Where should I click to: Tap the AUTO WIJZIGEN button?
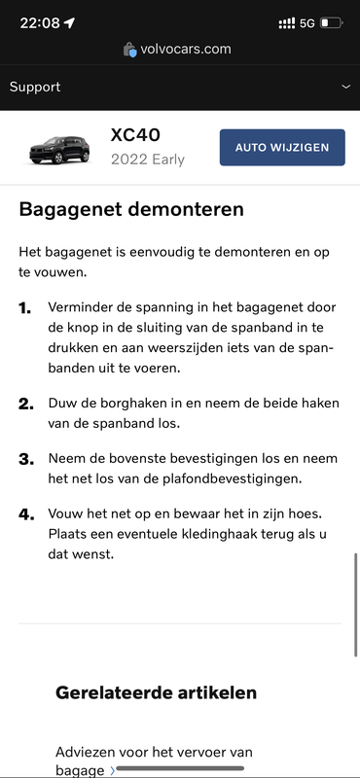click(282, 147)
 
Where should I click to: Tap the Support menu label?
click(35, 87)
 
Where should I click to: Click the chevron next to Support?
click(345, 87)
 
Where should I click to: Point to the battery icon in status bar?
click(331, 22)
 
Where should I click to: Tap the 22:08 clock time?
click(39, 22)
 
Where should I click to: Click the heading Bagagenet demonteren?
click(131, 209)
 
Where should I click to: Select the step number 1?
click(25, 308)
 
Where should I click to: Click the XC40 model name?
click(135, 136)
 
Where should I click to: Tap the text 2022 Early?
click(147, 159)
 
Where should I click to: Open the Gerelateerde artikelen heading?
click(157, 692)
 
